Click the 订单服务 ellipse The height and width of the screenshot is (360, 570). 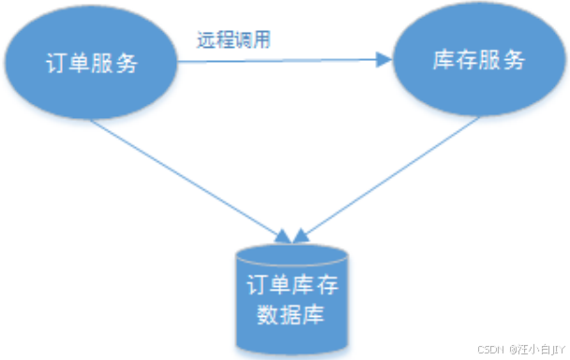coord(91,64)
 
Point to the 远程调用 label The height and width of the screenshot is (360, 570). coord(234,40)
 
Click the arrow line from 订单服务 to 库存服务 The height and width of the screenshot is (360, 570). coord(281,62)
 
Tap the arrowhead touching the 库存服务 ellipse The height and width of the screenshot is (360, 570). coord(382,61)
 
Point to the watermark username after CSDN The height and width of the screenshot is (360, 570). coord(538,348)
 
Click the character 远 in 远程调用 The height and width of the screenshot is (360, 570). coord(206,40)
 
